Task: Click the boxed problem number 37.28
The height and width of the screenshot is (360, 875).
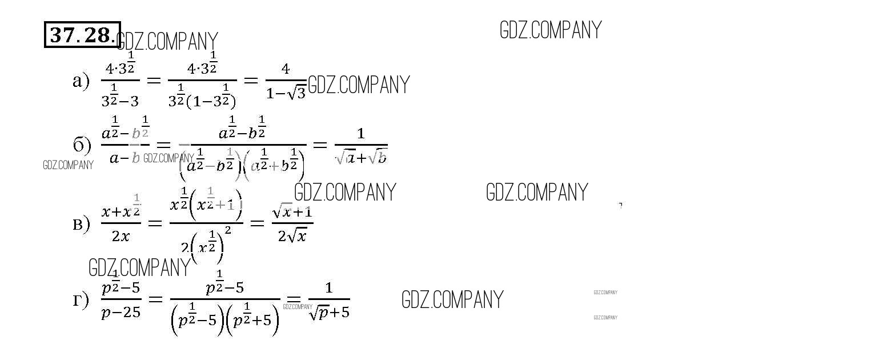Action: tap(82, 35)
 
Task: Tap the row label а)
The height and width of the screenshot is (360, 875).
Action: tap(81, 81)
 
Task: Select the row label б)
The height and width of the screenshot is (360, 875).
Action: tap(82, 145)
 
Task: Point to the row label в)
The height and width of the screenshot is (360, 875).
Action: tap(81, 223)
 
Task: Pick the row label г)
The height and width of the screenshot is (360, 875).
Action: tap(81, 299)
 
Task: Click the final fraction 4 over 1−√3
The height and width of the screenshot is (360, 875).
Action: tap(286, 82)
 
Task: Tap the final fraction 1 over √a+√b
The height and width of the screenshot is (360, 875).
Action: tap(361, 146)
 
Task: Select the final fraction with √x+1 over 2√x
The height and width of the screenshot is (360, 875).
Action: tap(292, 223)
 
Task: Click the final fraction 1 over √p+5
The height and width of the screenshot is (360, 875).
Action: tap(328, 300)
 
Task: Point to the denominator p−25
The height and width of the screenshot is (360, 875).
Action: tap(121, 312)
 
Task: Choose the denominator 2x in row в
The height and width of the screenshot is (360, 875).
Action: tap(121, 235)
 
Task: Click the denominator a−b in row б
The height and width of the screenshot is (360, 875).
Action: tap(125, 158)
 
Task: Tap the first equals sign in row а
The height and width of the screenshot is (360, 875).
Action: tap(154, 81)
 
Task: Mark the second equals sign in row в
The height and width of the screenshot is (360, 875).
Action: tap(257, 223)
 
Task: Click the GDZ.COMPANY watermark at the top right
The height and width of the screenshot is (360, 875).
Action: tap(551, 30)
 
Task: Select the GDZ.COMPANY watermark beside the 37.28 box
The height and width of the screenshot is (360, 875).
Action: tap(167, 42)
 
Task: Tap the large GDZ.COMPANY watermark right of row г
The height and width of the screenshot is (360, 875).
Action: tap(452, 300)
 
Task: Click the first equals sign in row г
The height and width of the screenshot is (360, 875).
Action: tap(155, 299)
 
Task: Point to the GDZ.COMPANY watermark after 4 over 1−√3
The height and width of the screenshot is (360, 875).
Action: tap(359, 85)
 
